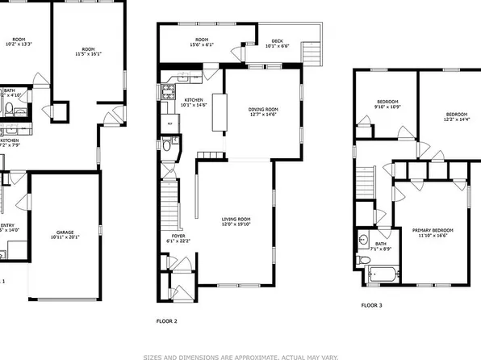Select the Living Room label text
point(236,219)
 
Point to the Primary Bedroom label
point(433,230)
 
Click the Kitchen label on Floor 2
point(194,100)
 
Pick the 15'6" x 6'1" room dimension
point(203,46)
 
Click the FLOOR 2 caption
point(166,320)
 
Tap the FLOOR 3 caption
point(372,305)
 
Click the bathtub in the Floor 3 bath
point(382,276)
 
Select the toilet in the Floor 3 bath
point(364,240)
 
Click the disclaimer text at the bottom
point(240,355)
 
